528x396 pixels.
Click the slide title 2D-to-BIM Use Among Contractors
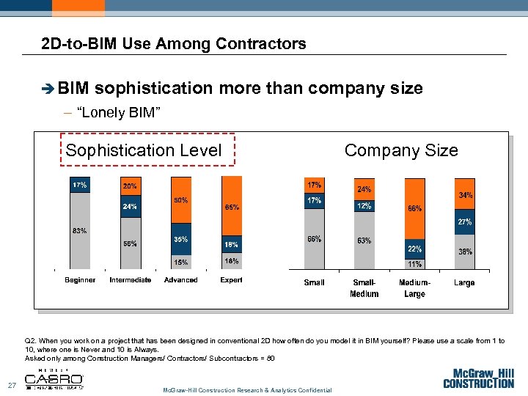coord(174,44)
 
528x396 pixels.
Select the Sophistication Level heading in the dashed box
coord(144,151)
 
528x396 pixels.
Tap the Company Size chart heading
coord(401,151)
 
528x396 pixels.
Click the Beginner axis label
coord(80,280)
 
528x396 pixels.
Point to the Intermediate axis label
coord(130,280)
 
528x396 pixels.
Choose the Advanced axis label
coord(180,280)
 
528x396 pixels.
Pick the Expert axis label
coord(231,280)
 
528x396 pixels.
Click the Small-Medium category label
coord(364,288)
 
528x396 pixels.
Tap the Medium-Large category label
coord(414,288)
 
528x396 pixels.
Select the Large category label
coord(464,283)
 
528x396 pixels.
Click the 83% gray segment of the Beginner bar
coord(80,231)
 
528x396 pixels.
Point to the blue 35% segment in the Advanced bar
coord(180,239)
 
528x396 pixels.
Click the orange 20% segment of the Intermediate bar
coord(130,188)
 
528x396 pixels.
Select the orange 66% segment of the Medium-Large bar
coord(414,209)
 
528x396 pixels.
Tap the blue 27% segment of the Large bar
coord(464,221)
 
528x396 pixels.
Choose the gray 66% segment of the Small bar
coord(314,239)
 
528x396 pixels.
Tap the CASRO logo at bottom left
coord(54,379)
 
